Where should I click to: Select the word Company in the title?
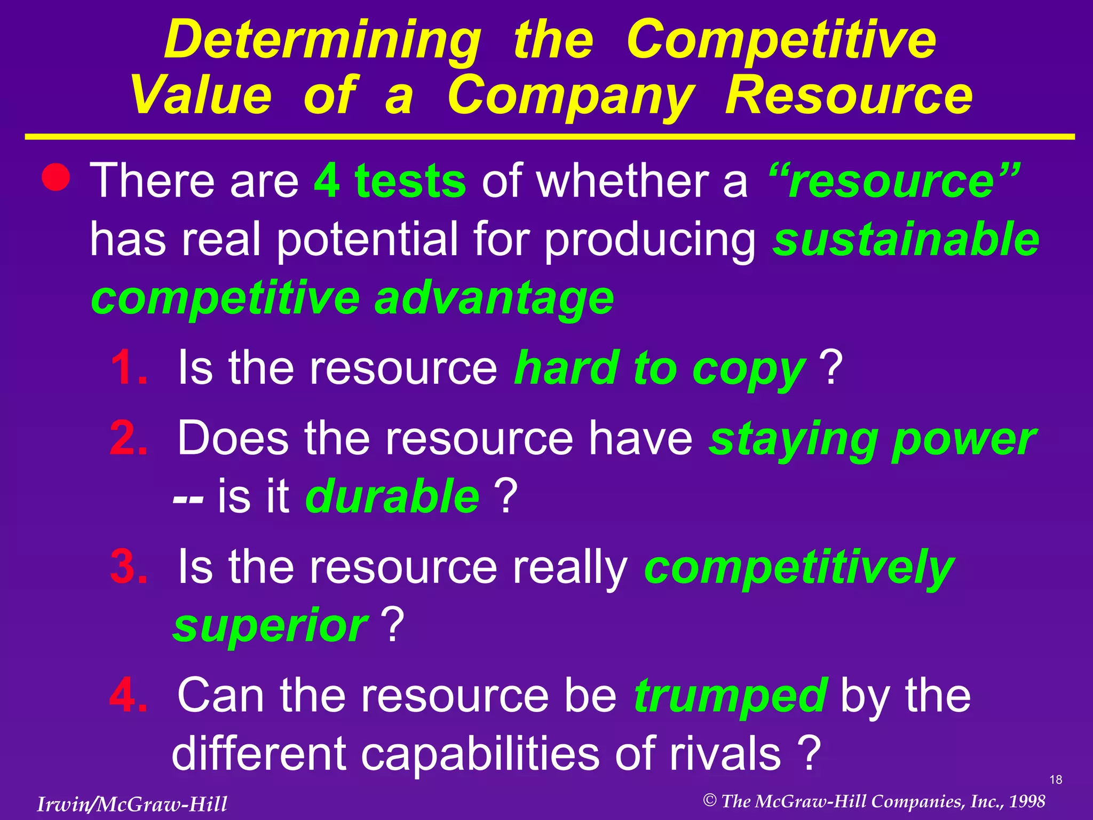click(571, 96)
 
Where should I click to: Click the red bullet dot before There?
click(56, 177)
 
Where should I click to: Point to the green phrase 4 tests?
click(390, 180)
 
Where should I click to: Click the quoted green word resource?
click(894, 180)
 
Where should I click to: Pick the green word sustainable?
click(906, 239)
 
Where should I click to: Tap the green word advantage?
click(494, 298)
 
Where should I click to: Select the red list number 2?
click(128, 438)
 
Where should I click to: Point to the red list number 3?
click(128, 566)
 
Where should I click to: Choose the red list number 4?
click(128, 695)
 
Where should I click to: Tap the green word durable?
click(392, 496)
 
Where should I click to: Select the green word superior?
click(270, 626)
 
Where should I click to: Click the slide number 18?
click(1056, 780)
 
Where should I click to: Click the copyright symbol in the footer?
click(709, 800)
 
